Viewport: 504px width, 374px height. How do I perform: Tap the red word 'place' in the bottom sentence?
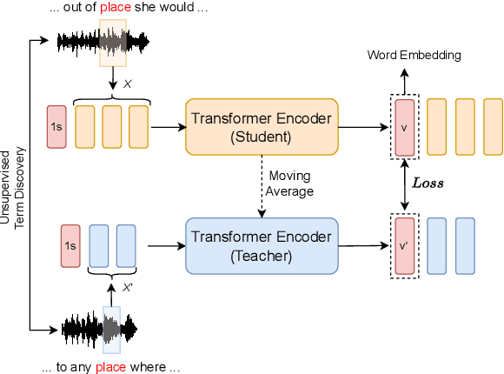point(109,367)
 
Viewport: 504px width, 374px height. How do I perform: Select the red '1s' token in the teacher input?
point(70,246)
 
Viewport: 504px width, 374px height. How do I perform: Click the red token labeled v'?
point(404,246)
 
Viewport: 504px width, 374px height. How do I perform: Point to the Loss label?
point(428,184)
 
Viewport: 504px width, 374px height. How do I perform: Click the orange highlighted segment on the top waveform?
point(113,41)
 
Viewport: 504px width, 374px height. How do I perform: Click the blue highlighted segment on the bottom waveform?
point(111,329)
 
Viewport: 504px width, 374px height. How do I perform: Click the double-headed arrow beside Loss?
point(404,186)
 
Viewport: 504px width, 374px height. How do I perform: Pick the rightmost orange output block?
point(490,127)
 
